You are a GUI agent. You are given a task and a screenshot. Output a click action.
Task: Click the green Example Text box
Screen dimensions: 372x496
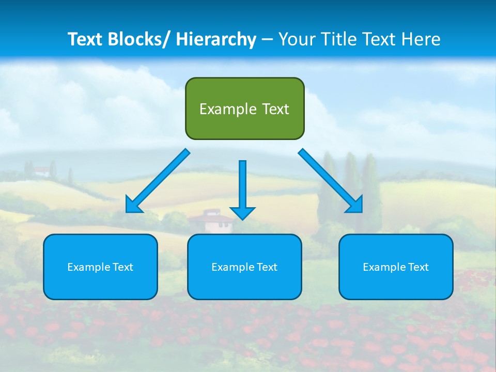point(244,109)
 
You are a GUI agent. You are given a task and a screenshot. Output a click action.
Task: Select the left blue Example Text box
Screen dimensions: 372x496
point(100,267)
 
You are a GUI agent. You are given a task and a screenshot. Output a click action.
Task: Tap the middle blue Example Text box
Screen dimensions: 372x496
point(244,267)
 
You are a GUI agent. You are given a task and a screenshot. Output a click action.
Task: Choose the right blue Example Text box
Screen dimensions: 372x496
point(396,267)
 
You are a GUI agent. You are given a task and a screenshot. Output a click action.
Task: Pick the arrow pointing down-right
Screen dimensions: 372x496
point(331,180)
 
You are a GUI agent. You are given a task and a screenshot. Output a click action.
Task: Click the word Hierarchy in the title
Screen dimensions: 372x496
point(216,39)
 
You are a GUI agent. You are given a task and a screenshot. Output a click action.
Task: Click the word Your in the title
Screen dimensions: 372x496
point(297,39)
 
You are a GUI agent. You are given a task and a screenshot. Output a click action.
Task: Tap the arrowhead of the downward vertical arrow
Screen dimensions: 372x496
point(242,213)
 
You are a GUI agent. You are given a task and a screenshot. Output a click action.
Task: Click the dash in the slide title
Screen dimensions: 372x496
point(267,40)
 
